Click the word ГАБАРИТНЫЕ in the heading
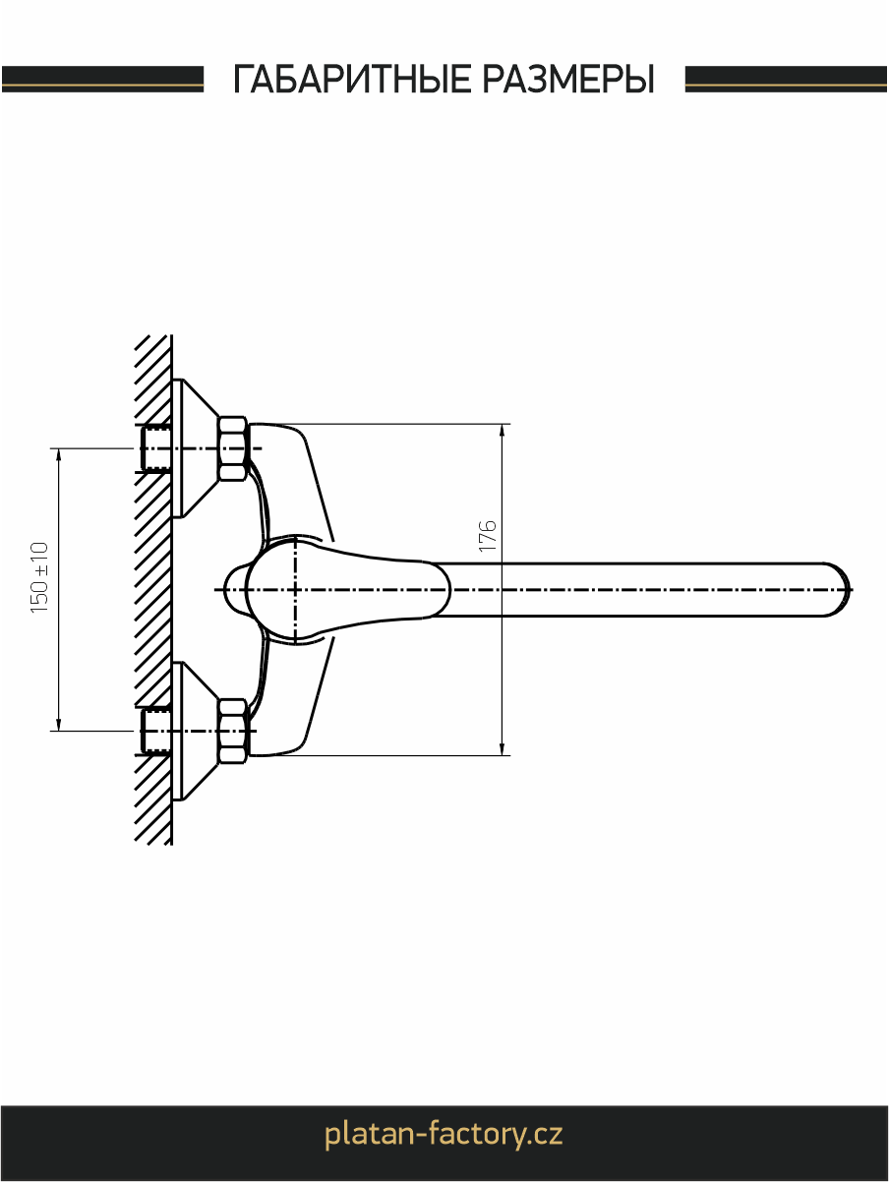coord(353,79)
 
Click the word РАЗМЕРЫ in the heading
coord(568,79)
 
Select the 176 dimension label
coord(487,535)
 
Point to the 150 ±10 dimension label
coord(39,577)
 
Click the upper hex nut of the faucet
coord(233,448)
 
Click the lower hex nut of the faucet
coord(233,731)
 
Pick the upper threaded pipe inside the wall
coord(155,448)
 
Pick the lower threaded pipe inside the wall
coord(155,731)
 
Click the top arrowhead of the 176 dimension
coord(502,432)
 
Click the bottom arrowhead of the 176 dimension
coord(502,747)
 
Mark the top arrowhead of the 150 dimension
coord(59,455)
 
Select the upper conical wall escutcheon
coord(195,448)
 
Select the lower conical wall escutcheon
coord(195,731)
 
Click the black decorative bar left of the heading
coord(102,79)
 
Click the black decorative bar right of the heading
coord(786,79)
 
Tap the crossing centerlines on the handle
coord(295,590)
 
